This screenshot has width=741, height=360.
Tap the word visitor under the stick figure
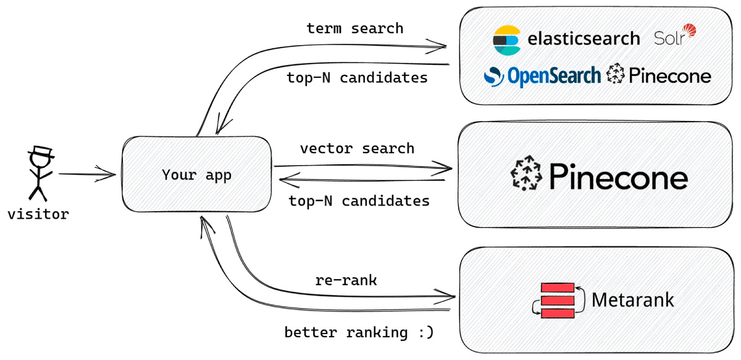click(x=38, y=215)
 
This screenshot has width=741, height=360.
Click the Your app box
click(x=196, y=175)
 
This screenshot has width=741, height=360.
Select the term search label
click(x=354, y=28)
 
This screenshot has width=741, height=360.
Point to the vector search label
click(x=357, y=149)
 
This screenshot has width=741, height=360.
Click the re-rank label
click(x=346, y=280)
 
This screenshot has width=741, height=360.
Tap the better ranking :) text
click(x=359, y=333)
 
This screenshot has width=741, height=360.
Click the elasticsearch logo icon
click(x=507, y=40)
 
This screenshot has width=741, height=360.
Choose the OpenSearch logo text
click(x=553, y=75)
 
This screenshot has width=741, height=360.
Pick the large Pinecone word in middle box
click(x=617, y=177)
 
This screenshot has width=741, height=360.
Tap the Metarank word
click(x=632, y=300)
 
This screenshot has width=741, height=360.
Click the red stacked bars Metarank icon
click(x=558, y=301)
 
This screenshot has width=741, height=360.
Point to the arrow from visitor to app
click(x=86, y=175)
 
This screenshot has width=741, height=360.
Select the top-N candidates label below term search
click(x=357, y=78)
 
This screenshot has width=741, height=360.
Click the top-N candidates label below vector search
click(x=359, y=201)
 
